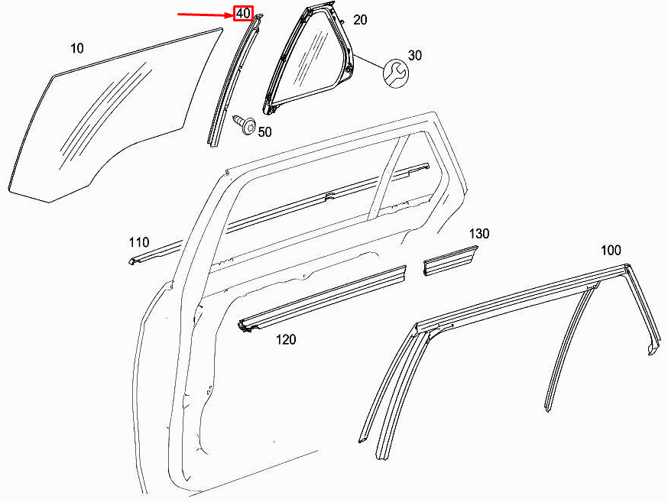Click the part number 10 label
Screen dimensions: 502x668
pyautogui.click(x=77, y=49)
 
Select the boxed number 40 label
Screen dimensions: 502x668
pyautogui.click(x=243, y=14)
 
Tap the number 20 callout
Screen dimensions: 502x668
pyautogui.click(x=360, y=20)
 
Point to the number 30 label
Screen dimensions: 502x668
pyautogui.click(x=415, y=56)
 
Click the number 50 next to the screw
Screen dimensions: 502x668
pyautogui.click(x=264, y=132)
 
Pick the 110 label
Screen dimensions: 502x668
pyautogui.click(x=139, y=243)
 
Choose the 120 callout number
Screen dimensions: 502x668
pyautogui.click(x=286, y=339)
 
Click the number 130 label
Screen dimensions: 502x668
pyautogui.click(x=479, y=234)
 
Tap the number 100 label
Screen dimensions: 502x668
pyautogui.click(x=611, y=250)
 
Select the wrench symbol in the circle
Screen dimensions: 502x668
pyautogui.click(x=394, y=72)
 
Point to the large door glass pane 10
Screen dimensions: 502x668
pyautogui.click(x=107, y=122)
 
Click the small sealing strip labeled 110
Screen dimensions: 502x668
pyautogui.click(x=153, y=253)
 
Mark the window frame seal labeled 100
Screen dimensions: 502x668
pyautogui.click(x=520, y=294)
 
